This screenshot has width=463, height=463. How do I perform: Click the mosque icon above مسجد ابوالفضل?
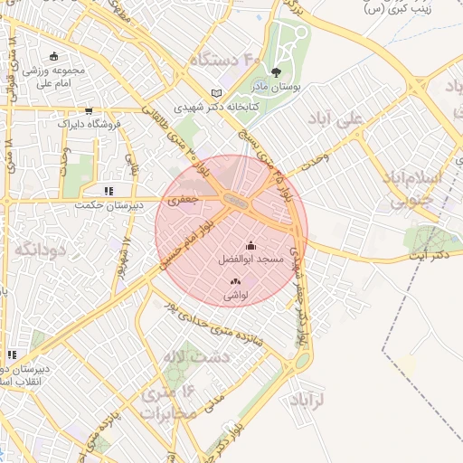250,245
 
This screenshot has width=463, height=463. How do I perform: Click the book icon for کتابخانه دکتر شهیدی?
214,93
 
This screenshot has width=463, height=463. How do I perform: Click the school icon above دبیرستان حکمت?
109,191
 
